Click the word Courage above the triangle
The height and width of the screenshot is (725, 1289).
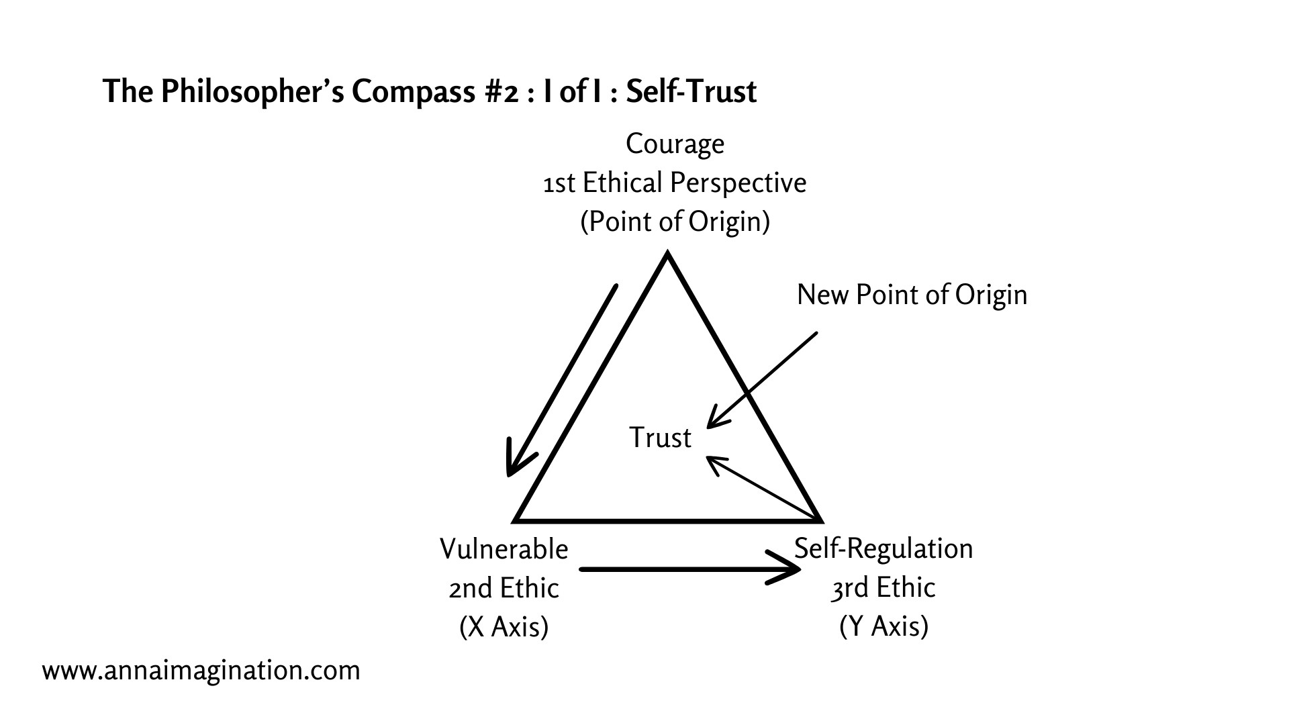click(675, 144)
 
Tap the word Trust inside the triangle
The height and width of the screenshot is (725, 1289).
click(660, 438)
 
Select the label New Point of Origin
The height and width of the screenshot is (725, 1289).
click(912, 295)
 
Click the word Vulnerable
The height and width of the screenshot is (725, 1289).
click(504, 549)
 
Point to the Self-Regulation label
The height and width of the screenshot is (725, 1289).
click(884, 548)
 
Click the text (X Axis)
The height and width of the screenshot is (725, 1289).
click(504, 627)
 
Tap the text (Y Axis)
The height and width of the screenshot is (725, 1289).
click(884, 626)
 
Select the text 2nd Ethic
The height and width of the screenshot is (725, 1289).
click(504, 588)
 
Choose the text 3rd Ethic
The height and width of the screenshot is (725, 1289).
click(884, 587)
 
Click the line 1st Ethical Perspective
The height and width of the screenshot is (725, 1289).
click(675, 183)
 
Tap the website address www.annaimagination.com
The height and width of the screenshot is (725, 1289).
click(201, 670)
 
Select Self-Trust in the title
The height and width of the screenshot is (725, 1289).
click(691, 92)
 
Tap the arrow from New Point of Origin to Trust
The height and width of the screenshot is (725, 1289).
click(762, 379)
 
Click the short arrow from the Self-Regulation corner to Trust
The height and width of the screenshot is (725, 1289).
click(762, 488)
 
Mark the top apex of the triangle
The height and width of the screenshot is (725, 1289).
click(667, 255)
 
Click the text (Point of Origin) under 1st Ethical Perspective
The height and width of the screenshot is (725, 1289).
click(675, 222)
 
